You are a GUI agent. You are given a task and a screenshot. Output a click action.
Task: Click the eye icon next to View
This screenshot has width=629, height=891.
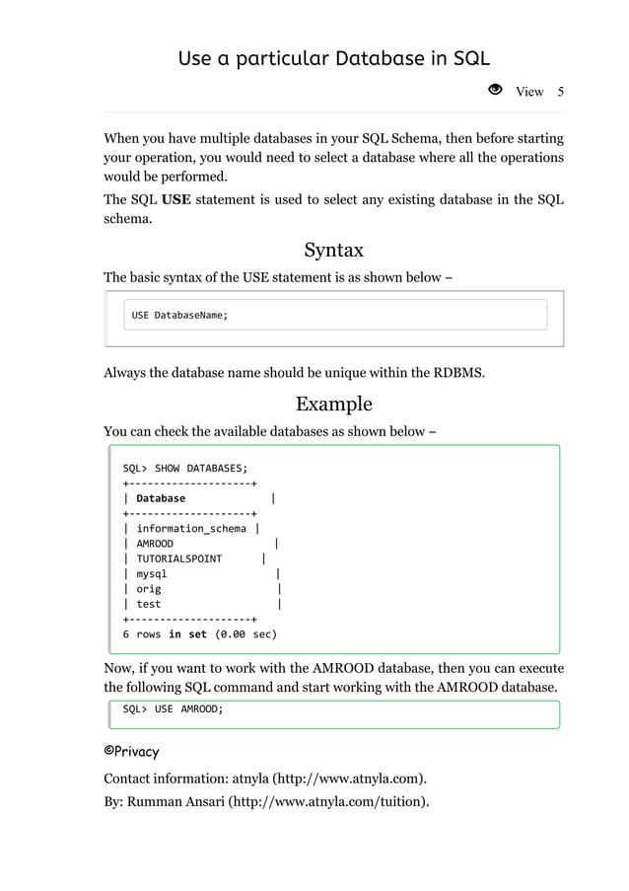click(496, 91)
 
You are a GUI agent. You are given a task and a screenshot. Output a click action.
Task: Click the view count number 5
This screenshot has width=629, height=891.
click(560, 92)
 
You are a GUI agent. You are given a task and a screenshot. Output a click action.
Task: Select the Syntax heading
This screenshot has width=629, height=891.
click(333, 249)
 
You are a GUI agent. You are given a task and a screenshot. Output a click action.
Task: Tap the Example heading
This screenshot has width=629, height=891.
click(333, 404)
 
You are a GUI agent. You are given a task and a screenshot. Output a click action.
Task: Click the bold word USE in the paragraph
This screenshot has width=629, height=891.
click(176, 201)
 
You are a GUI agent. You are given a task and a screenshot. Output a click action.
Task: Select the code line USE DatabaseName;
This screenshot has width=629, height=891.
click(179, 315)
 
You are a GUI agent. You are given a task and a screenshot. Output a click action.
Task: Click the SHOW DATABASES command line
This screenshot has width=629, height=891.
click(185, 468)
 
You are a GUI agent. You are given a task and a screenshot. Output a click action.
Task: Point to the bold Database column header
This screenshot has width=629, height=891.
click(161, 498)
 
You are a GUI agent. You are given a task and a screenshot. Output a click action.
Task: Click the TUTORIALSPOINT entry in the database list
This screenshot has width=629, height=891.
click(178, 558)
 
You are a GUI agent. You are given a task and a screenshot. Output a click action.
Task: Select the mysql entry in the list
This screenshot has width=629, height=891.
click(152, 573)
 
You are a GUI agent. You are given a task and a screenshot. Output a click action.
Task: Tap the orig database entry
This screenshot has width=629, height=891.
click(149, 589)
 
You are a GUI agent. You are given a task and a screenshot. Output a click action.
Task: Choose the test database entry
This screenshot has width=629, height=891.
click(149, 604)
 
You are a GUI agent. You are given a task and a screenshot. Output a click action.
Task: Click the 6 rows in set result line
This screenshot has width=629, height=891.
click(199, 634)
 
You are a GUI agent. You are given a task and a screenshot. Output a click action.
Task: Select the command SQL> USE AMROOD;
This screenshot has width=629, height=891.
click(173, 708)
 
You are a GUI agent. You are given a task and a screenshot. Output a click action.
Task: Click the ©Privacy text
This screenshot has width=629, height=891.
click(131, 751)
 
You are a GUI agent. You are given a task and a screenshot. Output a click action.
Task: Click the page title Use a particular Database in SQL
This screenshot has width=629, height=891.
click(333, 58)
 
